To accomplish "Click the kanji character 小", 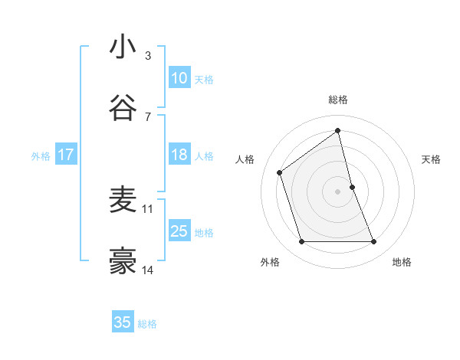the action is (x=123, y=47).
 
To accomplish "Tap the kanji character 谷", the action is (x=123, y=108).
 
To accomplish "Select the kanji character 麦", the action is (x=123, y=200).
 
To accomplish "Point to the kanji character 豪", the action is (x=123, y=261).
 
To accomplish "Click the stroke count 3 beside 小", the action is (x=148, y=55).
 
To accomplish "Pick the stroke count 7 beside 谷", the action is (x=148, y=116).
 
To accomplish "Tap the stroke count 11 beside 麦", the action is (x=148, y=208).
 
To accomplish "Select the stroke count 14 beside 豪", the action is (x=148, y=270).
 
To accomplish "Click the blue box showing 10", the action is (x=179, y=78).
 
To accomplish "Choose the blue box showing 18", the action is (x=179, y=155).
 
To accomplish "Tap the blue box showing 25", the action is (x=179, y=231).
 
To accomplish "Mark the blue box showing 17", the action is (x=65, y=155).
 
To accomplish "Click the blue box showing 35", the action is (x=123, y=322).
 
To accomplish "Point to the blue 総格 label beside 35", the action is (x=147, y=324).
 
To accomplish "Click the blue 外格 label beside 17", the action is (x=41, y=156).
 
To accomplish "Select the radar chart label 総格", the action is (x=338, y=100).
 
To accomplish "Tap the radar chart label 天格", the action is (x=432, y=159).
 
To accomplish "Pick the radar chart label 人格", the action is (x=245, y=159).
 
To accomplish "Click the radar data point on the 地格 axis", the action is (x=374, y=242).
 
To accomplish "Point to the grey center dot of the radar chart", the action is (x=338, y=191).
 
